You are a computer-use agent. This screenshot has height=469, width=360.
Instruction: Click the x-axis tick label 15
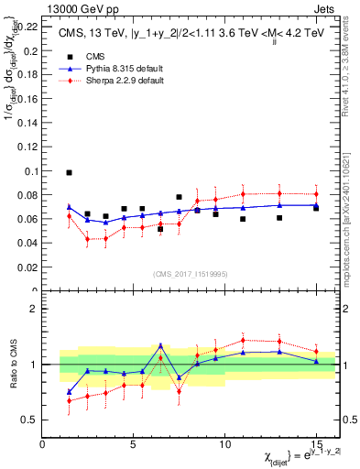[x=316, y=444]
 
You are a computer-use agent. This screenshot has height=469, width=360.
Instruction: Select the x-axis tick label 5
[x=134, y=444]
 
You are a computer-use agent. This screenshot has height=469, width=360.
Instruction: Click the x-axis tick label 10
[x=224, y=444]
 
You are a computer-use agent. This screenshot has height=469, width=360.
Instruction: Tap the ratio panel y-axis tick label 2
[x=34, y=310]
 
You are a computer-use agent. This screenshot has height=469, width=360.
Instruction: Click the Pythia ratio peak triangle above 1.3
[x=160, y=345]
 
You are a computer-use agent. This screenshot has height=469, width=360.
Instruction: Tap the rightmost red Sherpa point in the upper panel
[x=316, y=194]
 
